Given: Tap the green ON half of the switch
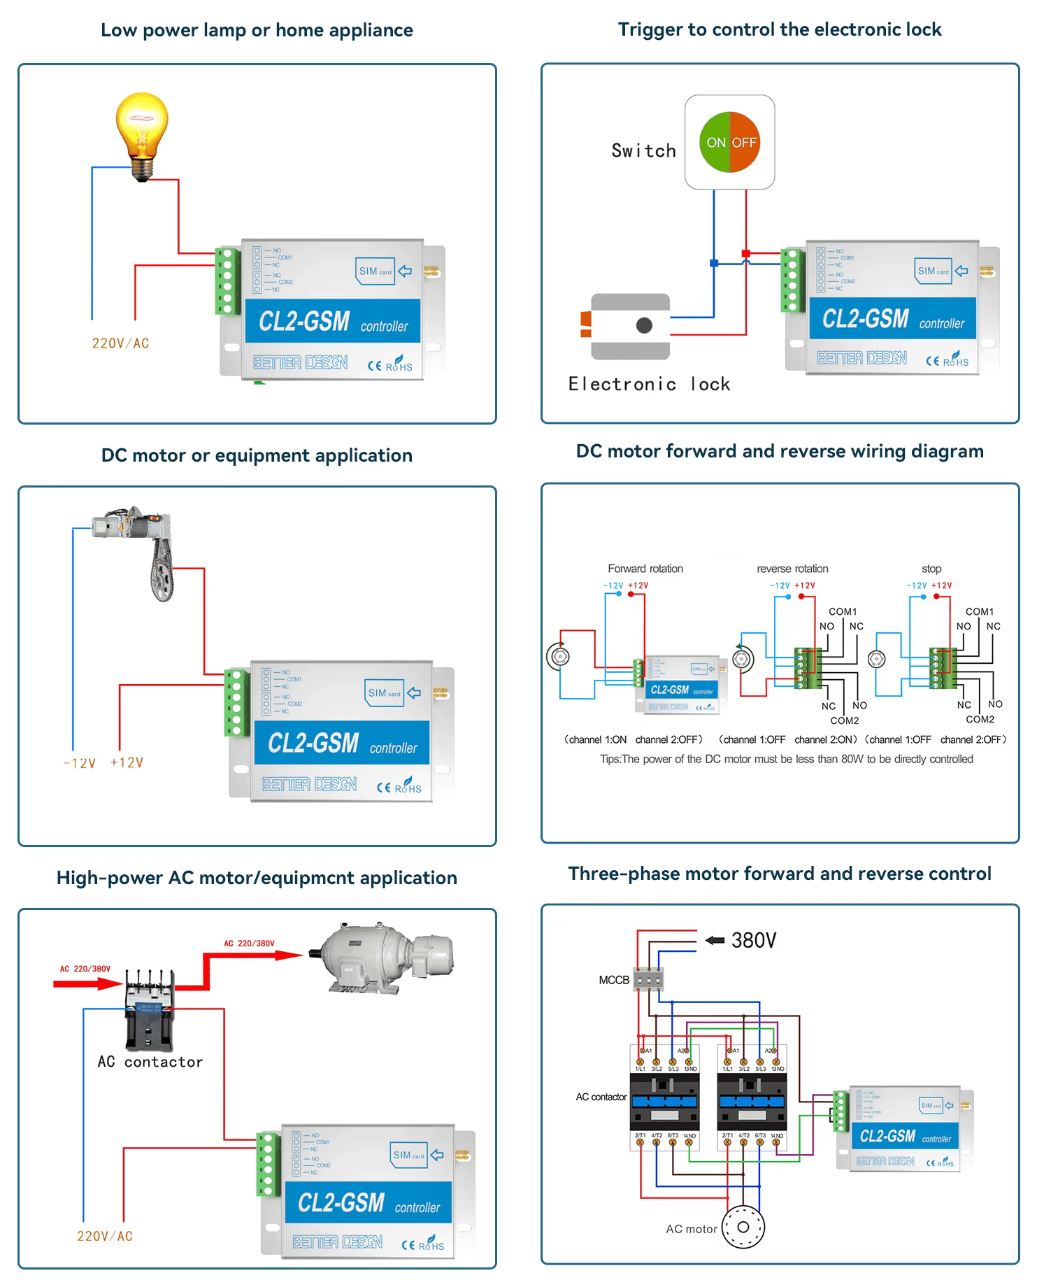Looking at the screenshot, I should click(715, 143).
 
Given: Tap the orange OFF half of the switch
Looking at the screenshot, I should click(745, 143).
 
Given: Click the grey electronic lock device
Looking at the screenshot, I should click(629, 326).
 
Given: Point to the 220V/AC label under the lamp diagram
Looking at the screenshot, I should click(120, 343).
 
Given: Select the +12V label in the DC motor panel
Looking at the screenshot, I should click(127, 762).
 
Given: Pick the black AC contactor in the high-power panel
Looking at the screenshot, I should click(149, 1011).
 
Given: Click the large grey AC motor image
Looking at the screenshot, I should click(381, 957).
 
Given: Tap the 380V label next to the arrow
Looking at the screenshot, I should click(753, 941).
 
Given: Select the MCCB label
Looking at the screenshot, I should click(613, 980).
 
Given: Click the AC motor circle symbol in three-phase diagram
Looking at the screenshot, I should click(743, 1227).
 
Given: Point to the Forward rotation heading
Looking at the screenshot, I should click(645, 569).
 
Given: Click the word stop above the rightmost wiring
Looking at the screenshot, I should click(931, 569).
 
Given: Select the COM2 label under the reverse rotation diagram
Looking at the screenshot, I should click(844, 720).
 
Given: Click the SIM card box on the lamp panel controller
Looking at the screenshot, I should click(376, 271).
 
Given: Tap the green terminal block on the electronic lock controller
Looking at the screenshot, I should click(792, 280).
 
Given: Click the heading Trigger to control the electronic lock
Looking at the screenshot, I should click(779, 29).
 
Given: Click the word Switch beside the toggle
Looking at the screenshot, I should click(643, 151).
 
